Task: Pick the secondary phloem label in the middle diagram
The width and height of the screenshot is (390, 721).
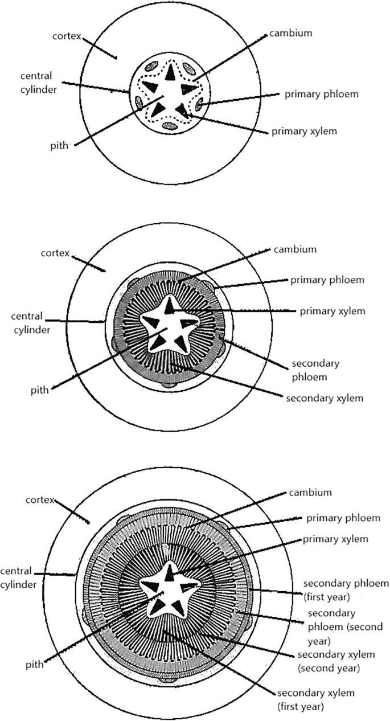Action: coord(315,368)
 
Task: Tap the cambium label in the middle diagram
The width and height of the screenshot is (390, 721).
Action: coord(294,249)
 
